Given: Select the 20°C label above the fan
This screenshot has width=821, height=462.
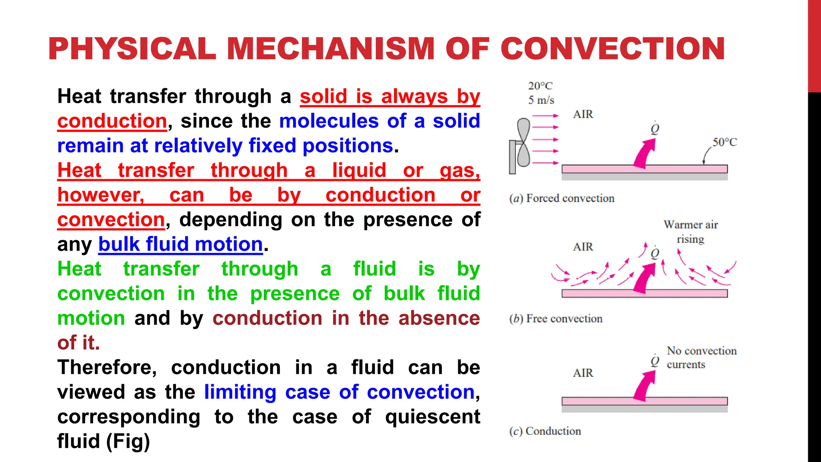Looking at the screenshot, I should point(540,86).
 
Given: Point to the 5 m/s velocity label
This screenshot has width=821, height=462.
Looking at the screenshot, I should point(541,100).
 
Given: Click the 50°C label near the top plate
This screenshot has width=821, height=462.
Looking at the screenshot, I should point(724,142).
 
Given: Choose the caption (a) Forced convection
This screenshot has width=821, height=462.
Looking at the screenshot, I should point(562,199).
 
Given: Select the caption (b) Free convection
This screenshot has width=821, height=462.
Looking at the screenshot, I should point(556,319).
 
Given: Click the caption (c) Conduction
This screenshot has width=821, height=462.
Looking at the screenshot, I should point(545,431).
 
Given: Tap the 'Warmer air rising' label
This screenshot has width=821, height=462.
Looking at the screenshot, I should point(690,232).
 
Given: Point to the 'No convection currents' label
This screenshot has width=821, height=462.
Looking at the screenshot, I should point(701,357).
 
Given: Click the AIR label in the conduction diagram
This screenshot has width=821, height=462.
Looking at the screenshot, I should point(583,373).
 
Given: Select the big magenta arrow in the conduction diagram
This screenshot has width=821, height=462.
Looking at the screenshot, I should point(644,386).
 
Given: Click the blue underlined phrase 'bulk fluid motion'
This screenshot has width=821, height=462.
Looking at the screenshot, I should point(180,244).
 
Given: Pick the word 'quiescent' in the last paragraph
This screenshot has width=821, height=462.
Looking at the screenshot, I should point(432,417).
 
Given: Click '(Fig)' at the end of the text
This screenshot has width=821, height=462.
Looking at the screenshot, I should point(128,442).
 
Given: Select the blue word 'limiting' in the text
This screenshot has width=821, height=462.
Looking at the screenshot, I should point(240,392).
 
